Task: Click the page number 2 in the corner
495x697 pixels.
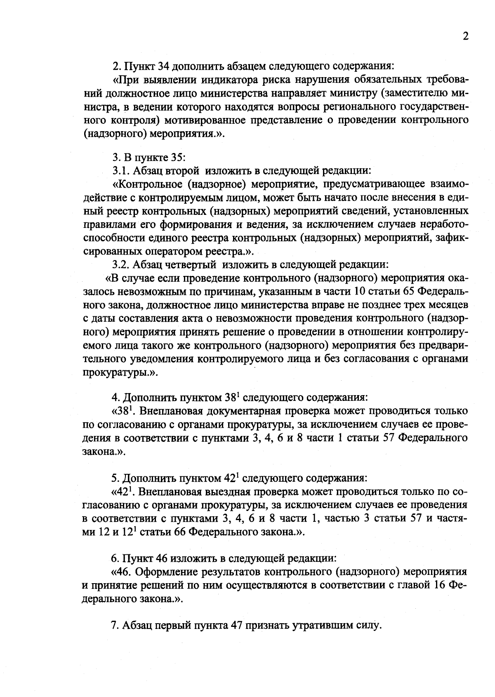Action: click(466, 37)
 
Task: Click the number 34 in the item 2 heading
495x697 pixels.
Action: click(164, 66)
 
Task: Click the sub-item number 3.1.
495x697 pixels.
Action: click(120, 170)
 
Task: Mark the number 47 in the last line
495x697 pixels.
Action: click(238, 625)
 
